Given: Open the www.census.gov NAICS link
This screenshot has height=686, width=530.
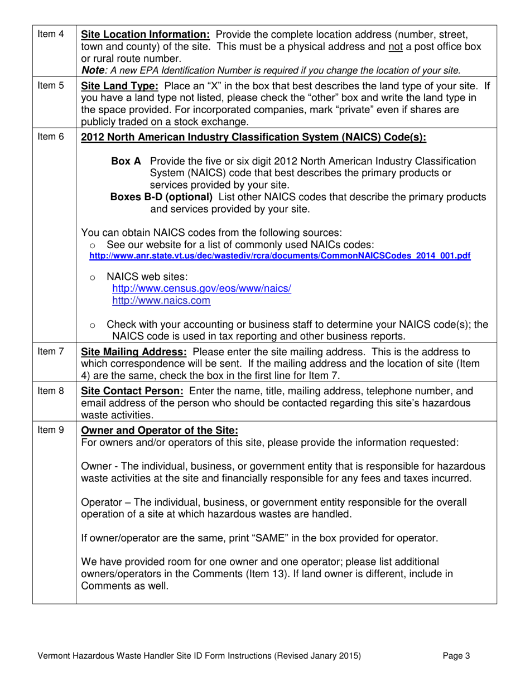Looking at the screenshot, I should [202, 289].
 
